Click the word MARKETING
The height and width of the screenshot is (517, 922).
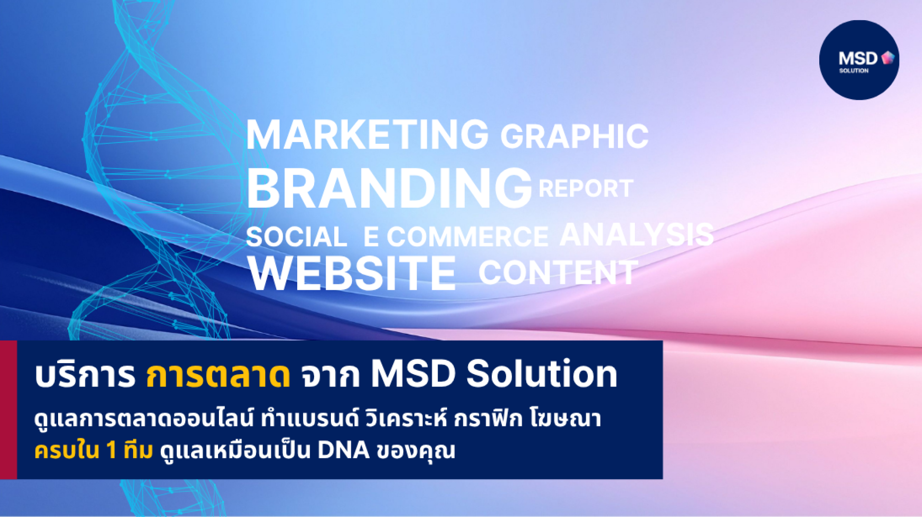pyautogui.click(x=367, y=135)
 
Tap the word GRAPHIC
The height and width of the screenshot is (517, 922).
pyautogui.click(x=574, y=136)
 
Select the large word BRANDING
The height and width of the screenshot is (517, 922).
pyautogui.click(x=389, y=188)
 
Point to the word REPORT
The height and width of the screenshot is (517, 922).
pyautogui.click(x=586, y=188)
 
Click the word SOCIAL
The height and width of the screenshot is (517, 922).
pyautogui.click(x=296, y=237)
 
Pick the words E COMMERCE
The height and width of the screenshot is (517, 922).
pyautogui.click(x=456, y=236)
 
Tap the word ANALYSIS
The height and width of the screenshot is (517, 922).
pyautogui.click(x=637, y=235)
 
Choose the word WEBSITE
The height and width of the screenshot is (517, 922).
pyautogui.click(x=352, y=273)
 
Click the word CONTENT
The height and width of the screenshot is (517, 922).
pyautogui.click(x=558, y=272)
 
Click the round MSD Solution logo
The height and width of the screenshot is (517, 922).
pyautogui.click(x=859, y=60)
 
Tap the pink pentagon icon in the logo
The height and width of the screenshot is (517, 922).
pyautogui.click(x=888, y=58)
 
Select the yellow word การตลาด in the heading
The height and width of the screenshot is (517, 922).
pyautogui.click(x=218, y=375)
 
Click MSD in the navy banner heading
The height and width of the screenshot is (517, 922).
pyautogui.click(x=413, y=373)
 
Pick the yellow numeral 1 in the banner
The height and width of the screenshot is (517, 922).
pyautogui.click(x=111, y=450)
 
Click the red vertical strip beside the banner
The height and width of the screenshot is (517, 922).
pyautogui.click(x=8, y=410)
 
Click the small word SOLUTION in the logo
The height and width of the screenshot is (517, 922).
pyautogui.click(x=854, y=70)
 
